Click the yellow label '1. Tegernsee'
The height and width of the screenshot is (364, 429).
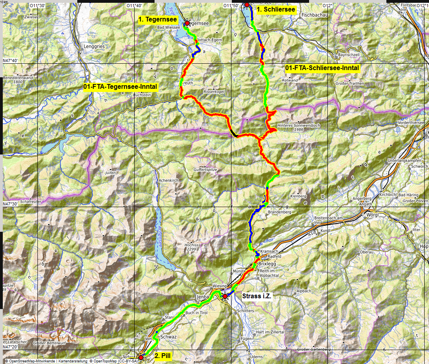(x=158, y=19)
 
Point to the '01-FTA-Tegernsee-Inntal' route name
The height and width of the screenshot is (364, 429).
(x=121, y=86)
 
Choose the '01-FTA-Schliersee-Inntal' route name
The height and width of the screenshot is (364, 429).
(x=322, y=68)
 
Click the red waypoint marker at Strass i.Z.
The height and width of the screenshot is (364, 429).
(x=225, y=296)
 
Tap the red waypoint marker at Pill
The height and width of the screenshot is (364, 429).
(x=141, y=357)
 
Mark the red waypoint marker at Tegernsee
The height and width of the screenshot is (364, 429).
(x=187, y=23)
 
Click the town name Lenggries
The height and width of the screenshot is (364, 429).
(x=94, y=47)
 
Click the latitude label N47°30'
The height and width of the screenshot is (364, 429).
(x=11, y=204)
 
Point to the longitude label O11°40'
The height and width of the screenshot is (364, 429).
(x=134, y=6)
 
